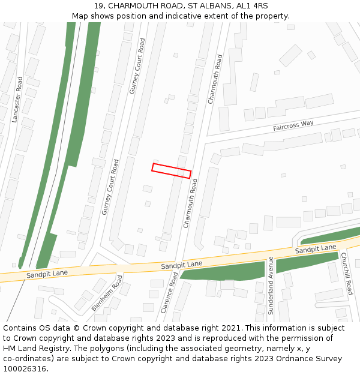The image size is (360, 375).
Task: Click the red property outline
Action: click(x=171, y=170)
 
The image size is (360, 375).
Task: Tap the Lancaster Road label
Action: click(x=17, y=99)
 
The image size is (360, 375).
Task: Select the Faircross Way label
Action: click(x=293, y=126)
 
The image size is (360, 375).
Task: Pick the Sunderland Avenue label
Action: click(x=271, y=285)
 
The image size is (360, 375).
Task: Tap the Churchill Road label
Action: click(x=347, y=274)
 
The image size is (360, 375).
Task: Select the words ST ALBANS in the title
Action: click(x=208, y=6)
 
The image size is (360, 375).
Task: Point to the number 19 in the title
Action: click(x=98, y=6)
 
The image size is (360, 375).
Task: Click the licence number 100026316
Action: click(x=25, y=369)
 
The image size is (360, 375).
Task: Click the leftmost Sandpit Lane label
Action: click(x=46, y=274)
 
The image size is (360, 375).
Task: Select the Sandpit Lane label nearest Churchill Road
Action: click(x=316, y=248)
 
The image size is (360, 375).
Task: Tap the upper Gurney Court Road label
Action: click(x=137, y=66)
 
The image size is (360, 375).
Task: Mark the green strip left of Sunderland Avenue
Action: click(x=222, y=271)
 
